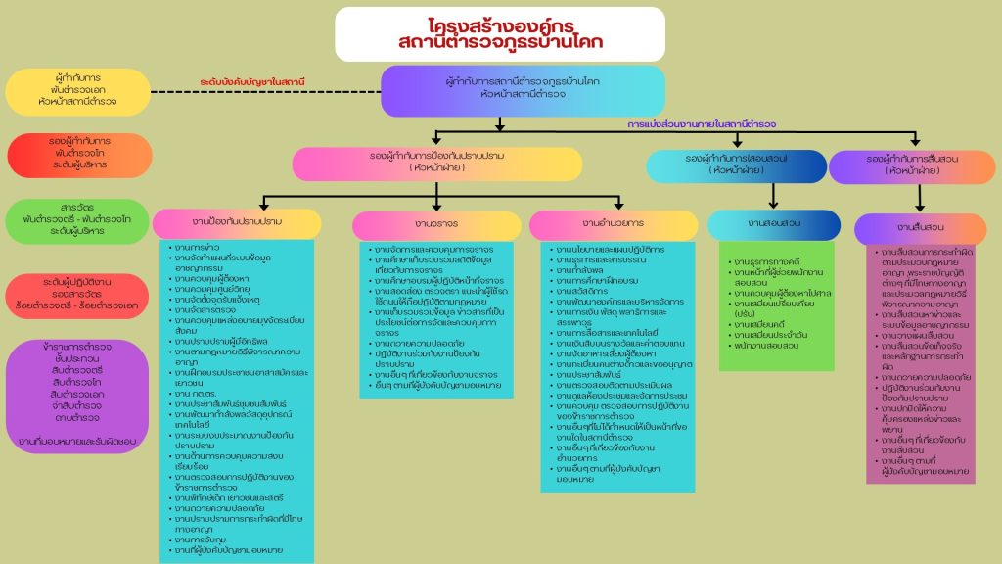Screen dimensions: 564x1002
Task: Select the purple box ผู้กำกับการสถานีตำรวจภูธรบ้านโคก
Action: (523, 89)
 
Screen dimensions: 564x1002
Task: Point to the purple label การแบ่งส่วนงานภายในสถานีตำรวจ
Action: (702, 124)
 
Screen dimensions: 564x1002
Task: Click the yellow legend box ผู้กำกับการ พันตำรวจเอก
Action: (77, 92)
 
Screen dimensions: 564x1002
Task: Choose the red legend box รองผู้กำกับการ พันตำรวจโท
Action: (77, 154)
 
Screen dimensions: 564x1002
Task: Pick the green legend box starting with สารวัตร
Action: (77, 221)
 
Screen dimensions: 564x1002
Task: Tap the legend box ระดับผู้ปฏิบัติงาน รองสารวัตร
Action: (77, 295)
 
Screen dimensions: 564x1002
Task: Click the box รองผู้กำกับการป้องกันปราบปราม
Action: (436, 163)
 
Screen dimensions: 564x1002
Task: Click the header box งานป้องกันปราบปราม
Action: (237, 223)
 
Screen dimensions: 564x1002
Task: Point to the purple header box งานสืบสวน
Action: (919, 228)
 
